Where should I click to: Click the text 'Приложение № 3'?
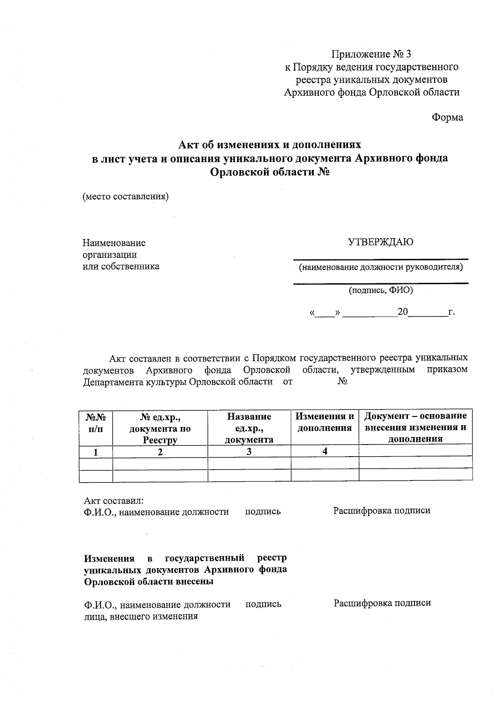coord(371,54)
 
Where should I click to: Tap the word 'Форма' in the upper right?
coord(447,118)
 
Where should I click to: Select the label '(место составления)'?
coord(126,196)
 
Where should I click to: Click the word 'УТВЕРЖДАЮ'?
coord(380,242)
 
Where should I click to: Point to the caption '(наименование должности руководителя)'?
coord(380,267)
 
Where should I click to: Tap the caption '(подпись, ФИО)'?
coord(381,290)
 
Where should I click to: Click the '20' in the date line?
coord(402,312)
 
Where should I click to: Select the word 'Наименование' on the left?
coord(114,243)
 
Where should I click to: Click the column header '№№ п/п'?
coord(96,423)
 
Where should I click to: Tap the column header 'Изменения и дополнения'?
coord(325,422)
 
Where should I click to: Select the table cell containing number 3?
coord(249,452)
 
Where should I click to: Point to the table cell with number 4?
coord(325,451)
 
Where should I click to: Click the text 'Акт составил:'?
coord(114,501)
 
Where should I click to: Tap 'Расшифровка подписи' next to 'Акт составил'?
coord(382,511)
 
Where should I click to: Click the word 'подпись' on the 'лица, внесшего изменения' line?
coord(263,604)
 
